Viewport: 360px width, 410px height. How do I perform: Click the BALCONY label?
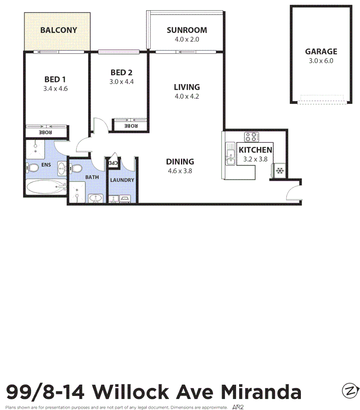59,30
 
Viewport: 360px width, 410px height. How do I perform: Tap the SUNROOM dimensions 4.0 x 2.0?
187,39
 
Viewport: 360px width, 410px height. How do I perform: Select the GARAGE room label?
321,51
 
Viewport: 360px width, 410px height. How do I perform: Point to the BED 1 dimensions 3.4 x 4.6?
56,89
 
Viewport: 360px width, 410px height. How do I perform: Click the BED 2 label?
121,72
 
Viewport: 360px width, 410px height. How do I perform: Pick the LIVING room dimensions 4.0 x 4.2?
187,96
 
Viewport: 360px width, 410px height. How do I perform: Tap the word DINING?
180,162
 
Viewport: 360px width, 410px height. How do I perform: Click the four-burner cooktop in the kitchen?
252,137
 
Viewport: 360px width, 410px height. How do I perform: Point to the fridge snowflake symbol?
279,171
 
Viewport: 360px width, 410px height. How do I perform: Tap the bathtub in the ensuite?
46,187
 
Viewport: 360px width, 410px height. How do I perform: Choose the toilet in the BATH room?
76,169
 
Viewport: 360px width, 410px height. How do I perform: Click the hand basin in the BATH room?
95,199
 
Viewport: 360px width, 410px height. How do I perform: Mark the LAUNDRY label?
122,180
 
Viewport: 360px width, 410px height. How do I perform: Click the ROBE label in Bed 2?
131,126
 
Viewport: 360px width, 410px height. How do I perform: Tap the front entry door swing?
293,192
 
